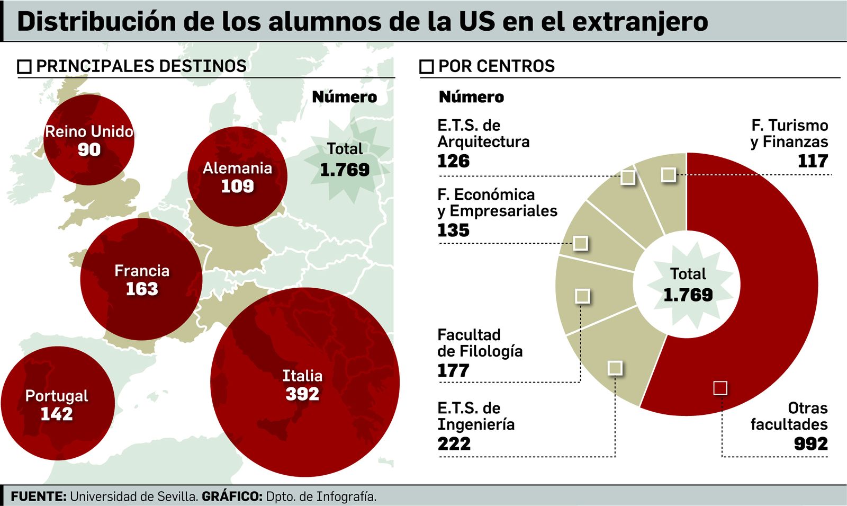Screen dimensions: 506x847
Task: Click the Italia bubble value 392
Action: (x=302, y=394)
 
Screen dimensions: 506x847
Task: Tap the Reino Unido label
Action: (x=89, y=131)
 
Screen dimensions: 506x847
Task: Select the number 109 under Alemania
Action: (x=237, y=187)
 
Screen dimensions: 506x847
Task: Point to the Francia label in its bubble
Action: (x=142, y=271)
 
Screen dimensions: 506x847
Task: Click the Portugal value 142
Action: (x=57, y=414)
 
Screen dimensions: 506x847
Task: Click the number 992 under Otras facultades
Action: (x=810, y=444)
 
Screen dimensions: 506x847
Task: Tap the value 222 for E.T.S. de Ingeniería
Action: (x=454, y=444)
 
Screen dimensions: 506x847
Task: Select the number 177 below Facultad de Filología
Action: (x=453, y=371)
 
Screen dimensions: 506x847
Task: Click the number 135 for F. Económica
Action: (x=453, y=230)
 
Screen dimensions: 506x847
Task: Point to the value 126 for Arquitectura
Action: (x=453, y=161)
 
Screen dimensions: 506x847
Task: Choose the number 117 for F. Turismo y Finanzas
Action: (x=813, y=161)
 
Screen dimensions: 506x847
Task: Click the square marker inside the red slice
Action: (x=720, y=388)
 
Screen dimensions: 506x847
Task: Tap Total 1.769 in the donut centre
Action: (x=688, y=285)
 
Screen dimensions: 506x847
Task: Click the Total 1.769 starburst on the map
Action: (x=345, y=160)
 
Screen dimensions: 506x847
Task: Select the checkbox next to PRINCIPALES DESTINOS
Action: (x=24, y=67)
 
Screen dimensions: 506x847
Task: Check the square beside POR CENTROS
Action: (x=426, y=67)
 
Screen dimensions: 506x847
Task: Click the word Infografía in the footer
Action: (x=346, y=497)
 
